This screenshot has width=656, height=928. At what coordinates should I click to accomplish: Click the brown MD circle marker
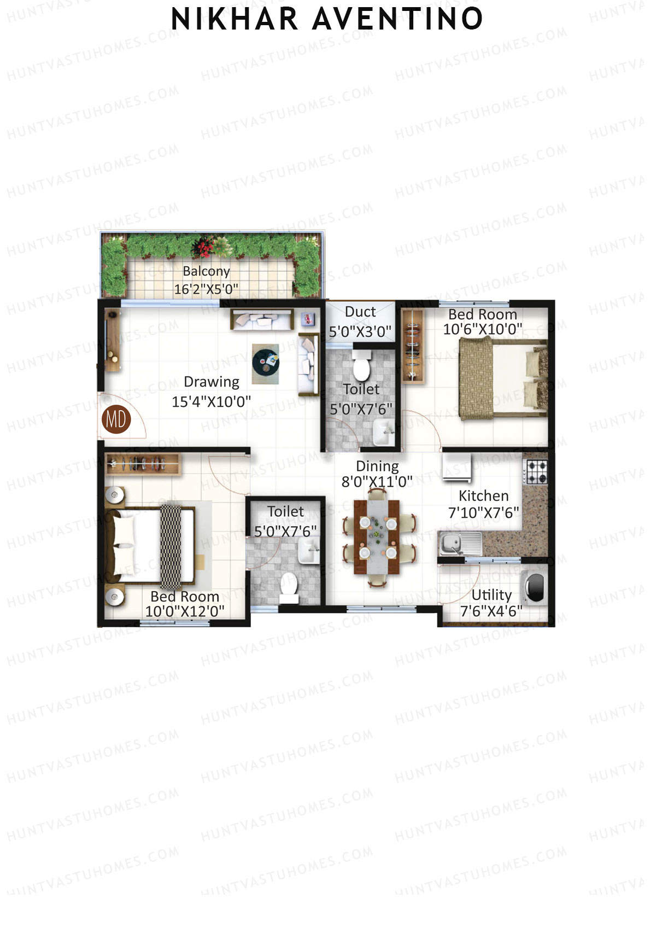coord(116,419)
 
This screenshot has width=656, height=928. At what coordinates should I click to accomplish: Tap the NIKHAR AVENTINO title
coord(327,19)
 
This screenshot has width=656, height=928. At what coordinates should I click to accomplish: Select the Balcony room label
coord(206,271)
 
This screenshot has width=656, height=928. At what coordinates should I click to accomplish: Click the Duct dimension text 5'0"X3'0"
coord(360,331)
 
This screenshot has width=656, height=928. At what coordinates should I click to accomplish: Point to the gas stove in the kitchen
coord(536,472)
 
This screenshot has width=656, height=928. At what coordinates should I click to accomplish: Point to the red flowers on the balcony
coord(206,249)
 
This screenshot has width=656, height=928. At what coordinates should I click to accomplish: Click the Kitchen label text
coord(483,496)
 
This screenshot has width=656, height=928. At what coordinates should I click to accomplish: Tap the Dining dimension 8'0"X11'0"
coord(377,482)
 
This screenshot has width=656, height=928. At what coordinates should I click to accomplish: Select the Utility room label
coord(491,595)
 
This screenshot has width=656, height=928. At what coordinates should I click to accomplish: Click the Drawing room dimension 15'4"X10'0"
coord(211,402)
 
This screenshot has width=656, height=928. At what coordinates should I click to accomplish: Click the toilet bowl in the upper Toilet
coord(361,367)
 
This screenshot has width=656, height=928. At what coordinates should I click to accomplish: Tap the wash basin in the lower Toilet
coord(308,550)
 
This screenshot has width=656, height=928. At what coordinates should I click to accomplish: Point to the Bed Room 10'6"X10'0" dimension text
coord(482,329)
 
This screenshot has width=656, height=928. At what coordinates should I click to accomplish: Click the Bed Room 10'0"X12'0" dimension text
coord(185,611)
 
